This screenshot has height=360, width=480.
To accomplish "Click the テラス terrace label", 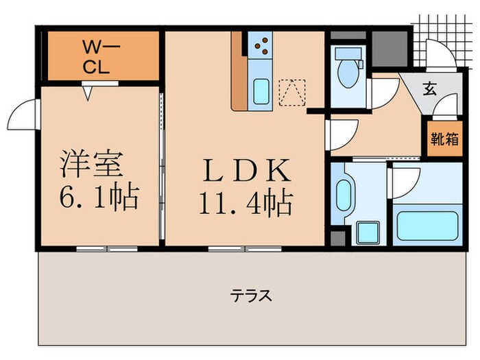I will [x=251, y=296].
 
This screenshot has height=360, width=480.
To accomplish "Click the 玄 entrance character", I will [x=429, y=88].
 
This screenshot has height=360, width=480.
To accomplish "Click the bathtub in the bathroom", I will [x=427, y=226].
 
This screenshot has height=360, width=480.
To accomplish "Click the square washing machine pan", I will [x=368, y=232].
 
